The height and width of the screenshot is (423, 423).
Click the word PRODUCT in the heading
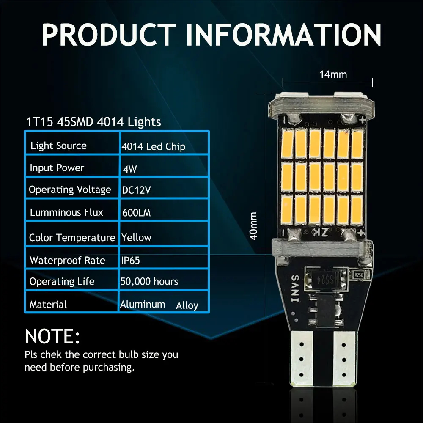point(108,35)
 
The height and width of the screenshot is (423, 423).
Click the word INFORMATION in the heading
point(283,35)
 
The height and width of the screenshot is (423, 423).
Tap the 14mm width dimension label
point(333,74)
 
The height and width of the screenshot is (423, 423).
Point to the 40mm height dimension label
point(253,226)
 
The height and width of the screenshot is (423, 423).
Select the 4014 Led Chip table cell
point(153,146)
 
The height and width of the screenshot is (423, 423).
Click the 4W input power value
point(130,169)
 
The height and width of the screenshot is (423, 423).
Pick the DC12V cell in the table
point(136,190)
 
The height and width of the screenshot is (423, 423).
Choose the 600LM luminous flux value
point(136,213)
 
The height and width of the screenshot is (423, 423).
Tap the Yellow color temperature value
point(136,237)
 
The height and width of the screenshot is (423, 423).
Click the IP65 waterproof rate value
point(131,260)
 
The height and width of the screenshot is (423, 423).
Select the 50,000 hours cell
point(149,281)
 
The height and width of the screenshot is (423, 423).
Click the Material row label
point(48,305)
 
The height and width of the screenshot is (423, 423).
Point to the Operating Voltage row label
point(70,190)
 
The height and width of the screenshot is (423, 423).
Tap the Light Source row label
point(58,146)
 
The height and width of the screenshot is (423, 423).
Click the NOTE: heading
point(52,336)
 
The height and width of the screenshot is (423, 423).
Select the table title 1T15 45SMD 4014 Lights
point(93,122)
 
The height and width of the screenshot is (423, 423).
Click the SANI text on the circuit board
point(295,288)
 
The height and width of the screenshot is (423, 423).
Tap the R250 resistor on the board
point(359,275)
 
